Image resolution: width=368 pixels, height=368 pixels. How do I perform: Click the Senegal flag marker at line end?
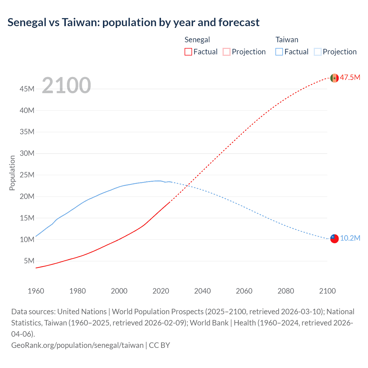tap(334, 78)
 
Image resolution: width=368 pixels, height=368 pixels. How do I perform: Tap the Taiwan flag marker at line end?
tap(334, 239)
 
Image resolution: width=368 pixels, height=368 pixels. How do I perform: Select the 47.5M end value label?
tap(350, 77)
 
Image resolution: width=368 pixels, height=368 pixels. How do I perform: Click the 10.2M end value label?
tap(350, 238)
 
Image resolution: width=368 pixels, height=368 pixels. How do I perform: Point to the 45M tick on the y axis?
tap(27, 89)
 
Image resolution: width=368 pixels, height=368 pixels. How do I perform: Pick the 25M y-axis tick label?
tap(27, 175)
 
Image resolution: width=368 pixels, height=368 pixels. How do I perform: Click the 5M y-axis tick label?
tap(29, 261)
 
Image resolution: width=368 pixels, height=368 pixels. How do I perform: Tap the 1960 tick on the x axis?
tap(36, 291)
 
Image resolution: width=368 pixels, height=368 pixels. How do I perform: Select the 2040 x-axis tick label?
tap(202, 291)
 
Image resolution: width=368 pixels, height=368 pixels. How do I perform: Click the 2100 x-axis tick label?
tap(327, 291)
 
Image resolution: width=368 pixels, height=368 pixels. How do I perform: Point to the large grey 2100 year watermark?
tap(66, 85)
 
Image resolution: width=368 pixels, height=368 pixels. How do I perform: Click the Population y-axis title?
tap(12, 173)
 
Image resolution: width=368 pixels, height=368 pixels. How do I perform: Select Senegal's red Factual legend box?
tap(188, 52)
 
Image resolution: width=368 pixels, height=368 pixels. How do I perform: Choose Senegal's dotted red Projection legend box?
tap(227, 52)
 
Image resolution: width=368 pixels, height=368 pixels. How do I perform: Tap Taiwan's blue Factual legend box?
tap(279, 52)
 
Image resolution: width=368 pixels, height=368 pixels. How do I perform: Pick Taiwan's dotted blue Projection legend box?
tap(318, 52)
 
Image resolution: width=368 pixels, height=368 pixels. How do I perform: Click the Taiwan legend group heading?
tap(287, 40)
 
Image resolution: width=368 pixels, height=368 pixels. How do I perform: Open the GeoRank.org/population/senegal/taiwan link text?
tap(77, 345)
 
